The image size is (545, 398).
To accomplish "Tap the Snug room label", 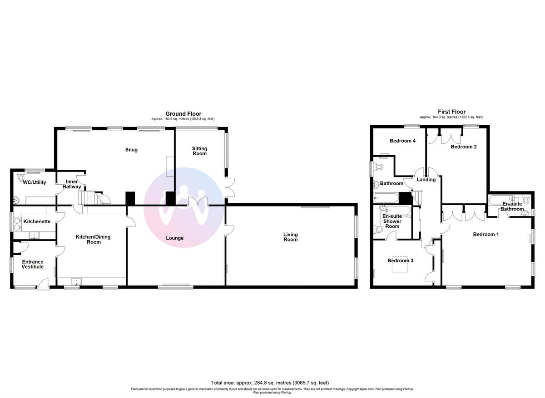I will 131,150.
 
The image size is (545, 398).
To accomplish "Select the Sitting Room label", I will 199,151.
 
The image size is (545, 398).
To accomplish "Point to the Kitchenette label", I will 37,221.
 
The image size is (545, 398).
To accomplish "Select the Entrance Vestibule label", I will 33,264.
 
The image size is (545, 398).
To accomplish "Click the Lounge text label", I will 174,238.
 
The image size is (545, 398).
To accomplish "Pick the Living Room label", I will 290,237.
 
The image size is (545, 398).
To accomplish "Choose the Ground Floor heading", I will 183,114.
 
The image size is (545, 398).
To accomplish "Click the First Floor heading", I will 451,112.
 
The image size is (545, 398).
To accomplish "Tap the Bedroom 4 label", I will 402,141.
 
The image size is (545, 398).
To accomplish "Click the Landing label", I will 426,180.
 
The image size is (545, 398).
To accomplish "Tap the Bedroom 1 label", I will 486,235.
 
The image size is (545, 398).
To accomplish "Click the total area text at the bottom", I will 270,383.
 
